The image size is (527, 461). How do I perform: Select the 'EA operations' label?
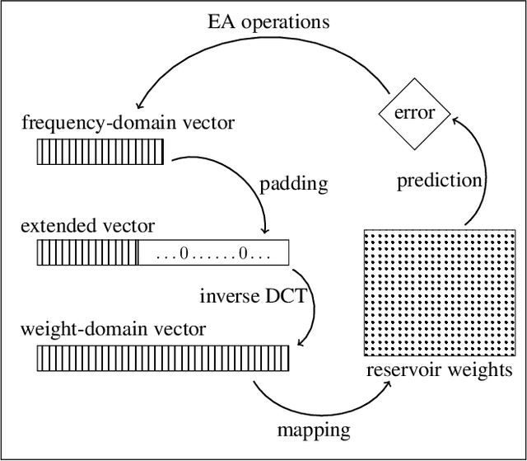(x=268, y=21)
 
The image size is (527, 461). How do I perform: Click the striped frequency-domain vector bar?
(x=100, y=152)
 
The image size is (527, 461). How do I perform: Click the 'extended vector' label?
(x=87, y=225)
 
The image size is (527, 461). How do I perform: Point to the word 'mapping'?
(x=312, y=429)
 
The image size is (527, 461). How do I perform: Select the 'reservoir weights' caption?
(x=438, y=370)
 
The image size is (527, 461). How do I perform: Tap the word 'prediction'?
(x=438, y=181)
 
